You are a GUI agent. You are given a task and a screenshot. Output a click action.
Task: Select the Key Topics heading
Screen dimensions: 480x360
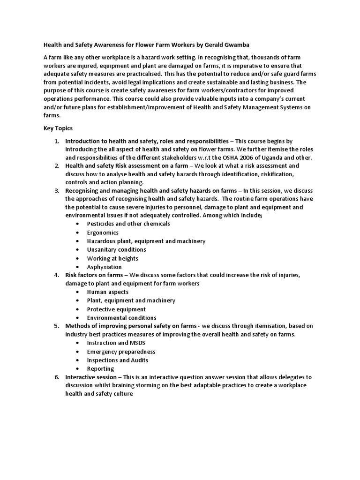point(58,128)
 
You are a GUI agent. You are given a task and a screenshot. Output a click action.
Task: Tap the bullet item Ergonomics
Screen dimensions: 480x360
point(103,232)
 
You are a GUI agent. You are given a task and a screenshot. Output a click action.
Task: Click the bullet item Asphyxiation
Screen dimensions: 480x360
point(104,267)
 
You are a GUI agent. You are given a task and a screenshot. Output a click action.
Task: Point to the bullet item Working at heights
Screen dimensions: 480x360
point(112,258)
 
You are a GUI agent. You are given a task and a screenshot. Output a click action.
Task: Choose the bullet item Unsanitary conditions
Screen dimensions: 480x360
point(116,249)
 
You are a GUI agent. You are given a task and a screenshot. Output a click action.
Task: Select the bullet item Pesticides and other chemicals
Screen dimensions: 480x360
point(128,224)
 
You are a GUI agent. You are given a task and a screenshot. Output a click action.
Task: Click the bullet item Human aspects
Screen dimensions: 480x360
point(107,292)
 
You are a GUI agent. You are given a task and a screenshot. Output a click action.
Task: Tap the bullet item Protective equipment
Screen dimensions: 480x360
point(116,309)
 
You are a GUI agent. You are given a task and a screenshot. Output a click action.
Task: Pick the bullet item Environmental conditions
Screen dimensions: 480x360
point(121,318)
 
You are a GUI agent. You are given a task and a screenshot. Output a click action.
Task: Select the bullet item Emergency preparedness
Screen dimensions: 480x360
point(121,352)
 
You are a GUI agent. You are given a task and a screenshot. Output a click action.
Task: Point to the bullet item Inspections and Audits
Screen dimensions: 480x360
point(118,360)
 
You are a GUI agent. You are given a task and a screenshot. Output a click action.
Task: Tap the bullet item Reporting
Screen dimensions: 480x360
point(100,369)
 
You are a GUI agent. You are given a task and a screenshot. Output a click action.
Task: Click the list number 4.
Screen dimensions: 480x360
point(56,275)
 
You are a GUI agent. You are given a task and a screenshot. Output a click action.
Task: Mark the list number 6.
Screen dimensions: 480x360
point(56,377)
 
